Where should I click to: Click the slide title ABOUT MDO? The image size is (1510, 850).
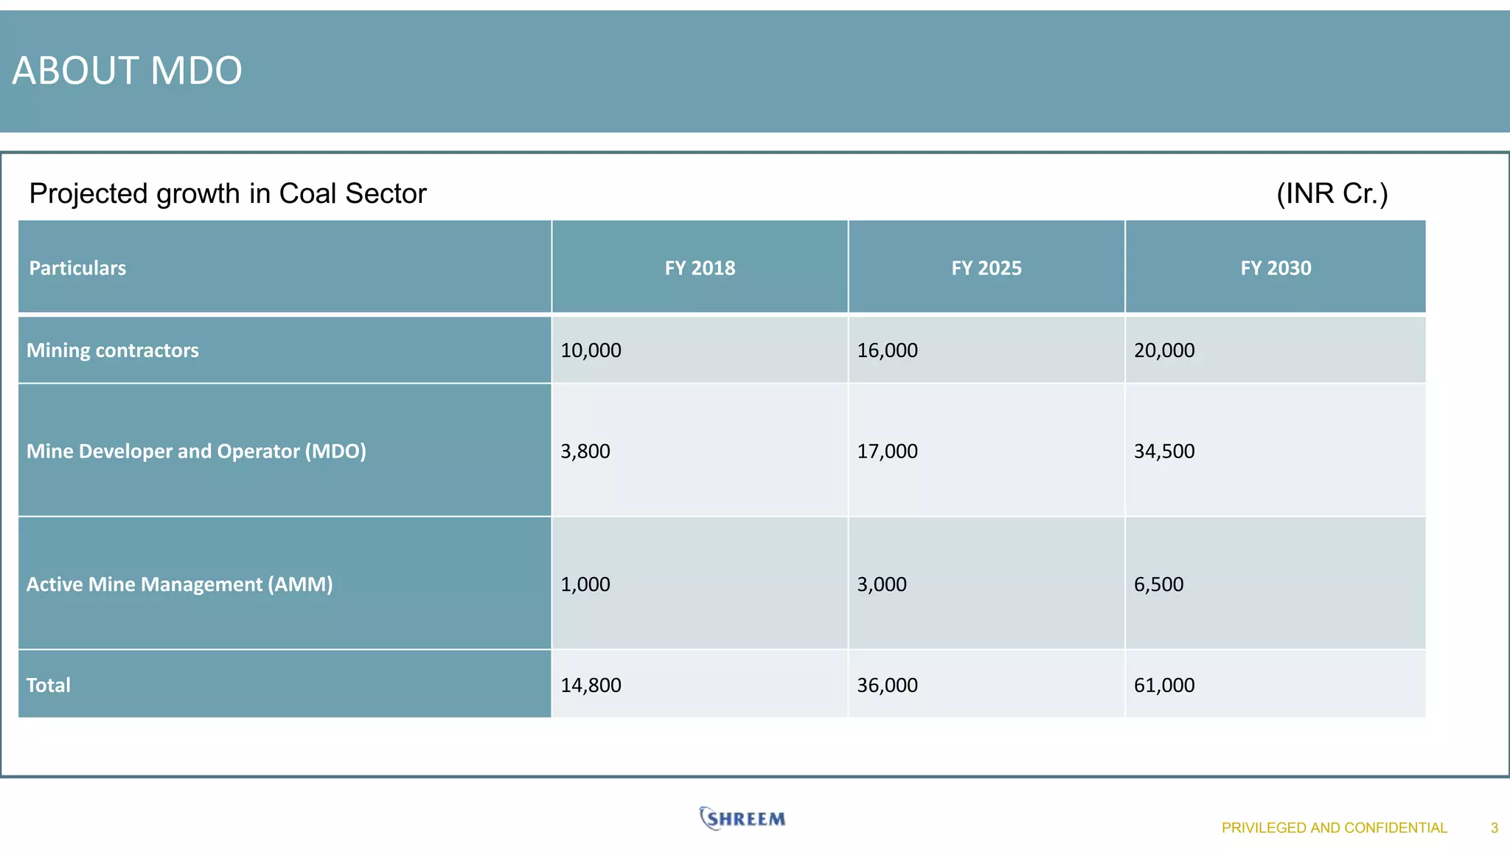[127, 71]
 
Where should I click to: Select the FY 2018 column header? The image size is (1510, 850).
[700, 268]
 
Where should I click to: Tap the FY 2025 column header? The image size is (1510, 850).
[986, 268]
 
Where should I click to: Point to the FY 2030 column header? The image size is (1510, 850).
[1276, 268]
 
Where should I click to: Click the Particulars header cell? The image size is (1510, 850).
[77, 268]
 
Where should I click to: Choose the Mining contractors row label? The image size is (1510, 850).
[113, 350]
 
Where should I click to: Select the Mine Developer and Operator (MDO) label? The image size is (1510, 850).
[196, 451]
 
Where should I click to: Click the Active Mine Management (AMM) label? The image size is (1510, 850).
[179, 584]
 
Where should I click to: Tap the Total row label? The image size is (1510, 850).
[49, 685]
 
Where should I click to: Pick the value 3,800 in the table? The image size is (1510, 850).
[585, 451]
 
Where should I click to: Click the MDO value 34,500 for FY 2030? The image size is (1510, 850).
[1164, 451]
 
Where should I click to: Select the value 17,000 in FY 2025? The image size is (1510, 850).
[887, 451]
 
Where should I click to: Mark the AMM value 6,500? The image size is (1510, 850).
[1158, 584]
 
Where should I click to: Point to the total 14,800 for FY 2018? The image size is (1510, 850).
[591, 685]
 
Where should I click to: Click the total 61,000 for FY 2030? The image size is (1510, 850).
[1164, 685]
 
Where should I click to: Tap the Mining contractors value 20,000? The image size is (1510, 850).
[1164, 350]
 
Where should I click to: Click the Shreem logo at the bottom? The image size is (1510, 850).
[742, 818]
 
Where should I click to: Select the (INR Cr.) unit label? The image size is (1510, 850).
[1332, 193]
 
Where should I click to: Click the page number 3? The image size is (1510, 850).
[1494, 828]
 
